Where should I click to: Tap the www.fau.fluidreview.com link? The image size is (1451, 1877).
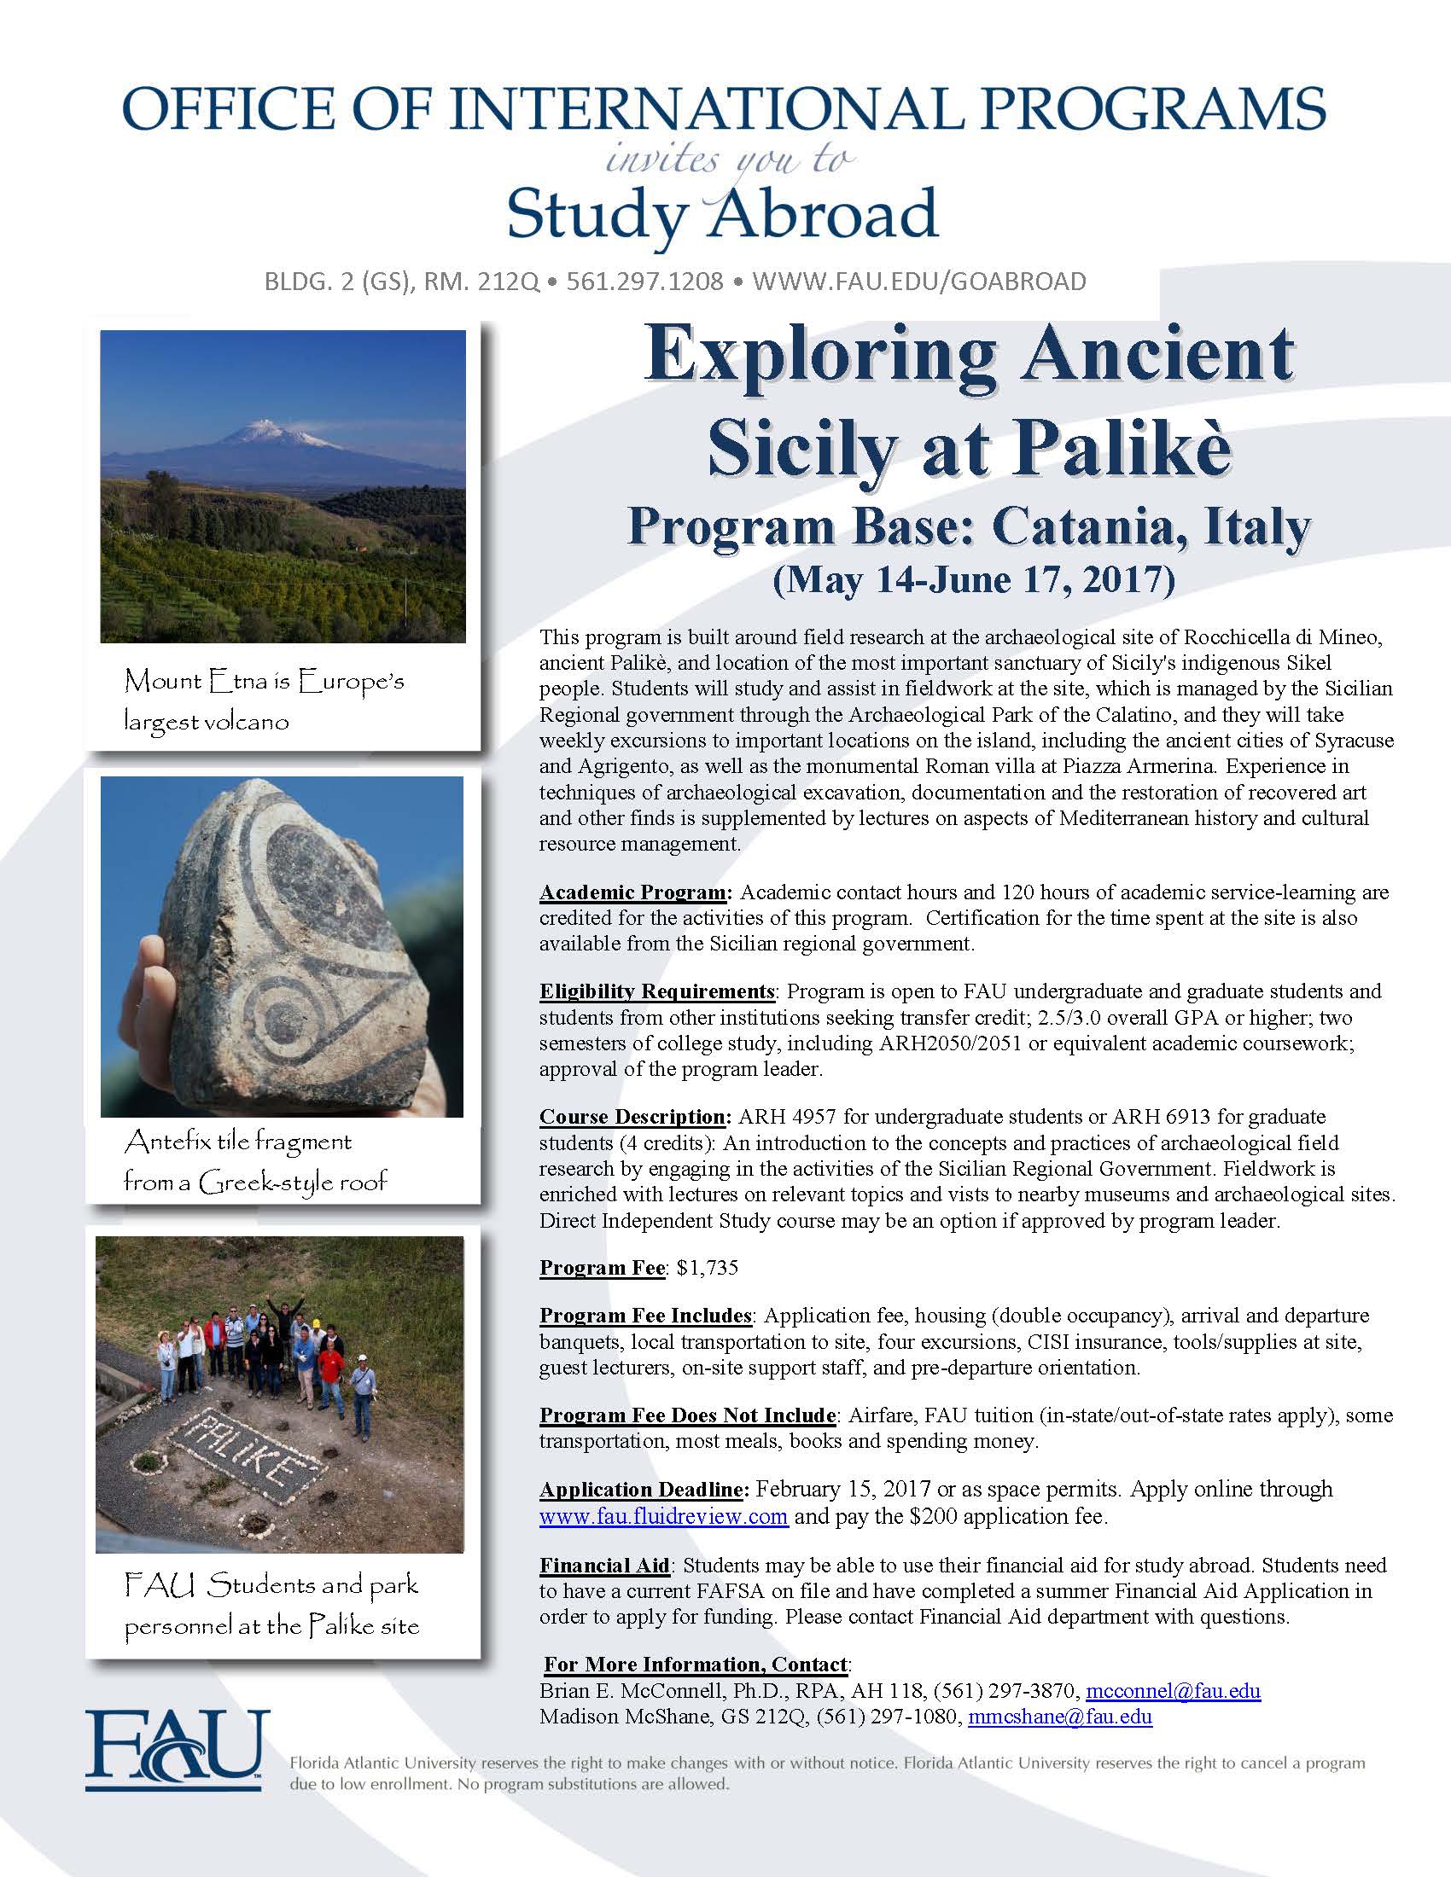point(663,1515)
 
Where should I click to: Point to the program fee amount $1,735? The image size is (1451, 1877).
point(708,1268)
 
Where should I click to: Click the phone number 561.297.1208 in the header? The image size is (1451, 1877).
point(644,281)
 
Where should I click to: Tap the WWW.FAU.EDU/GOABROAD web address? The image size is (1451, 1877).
point(919,281)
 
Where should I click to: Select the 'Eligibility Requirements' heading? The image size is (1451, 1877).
point(657,991)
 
